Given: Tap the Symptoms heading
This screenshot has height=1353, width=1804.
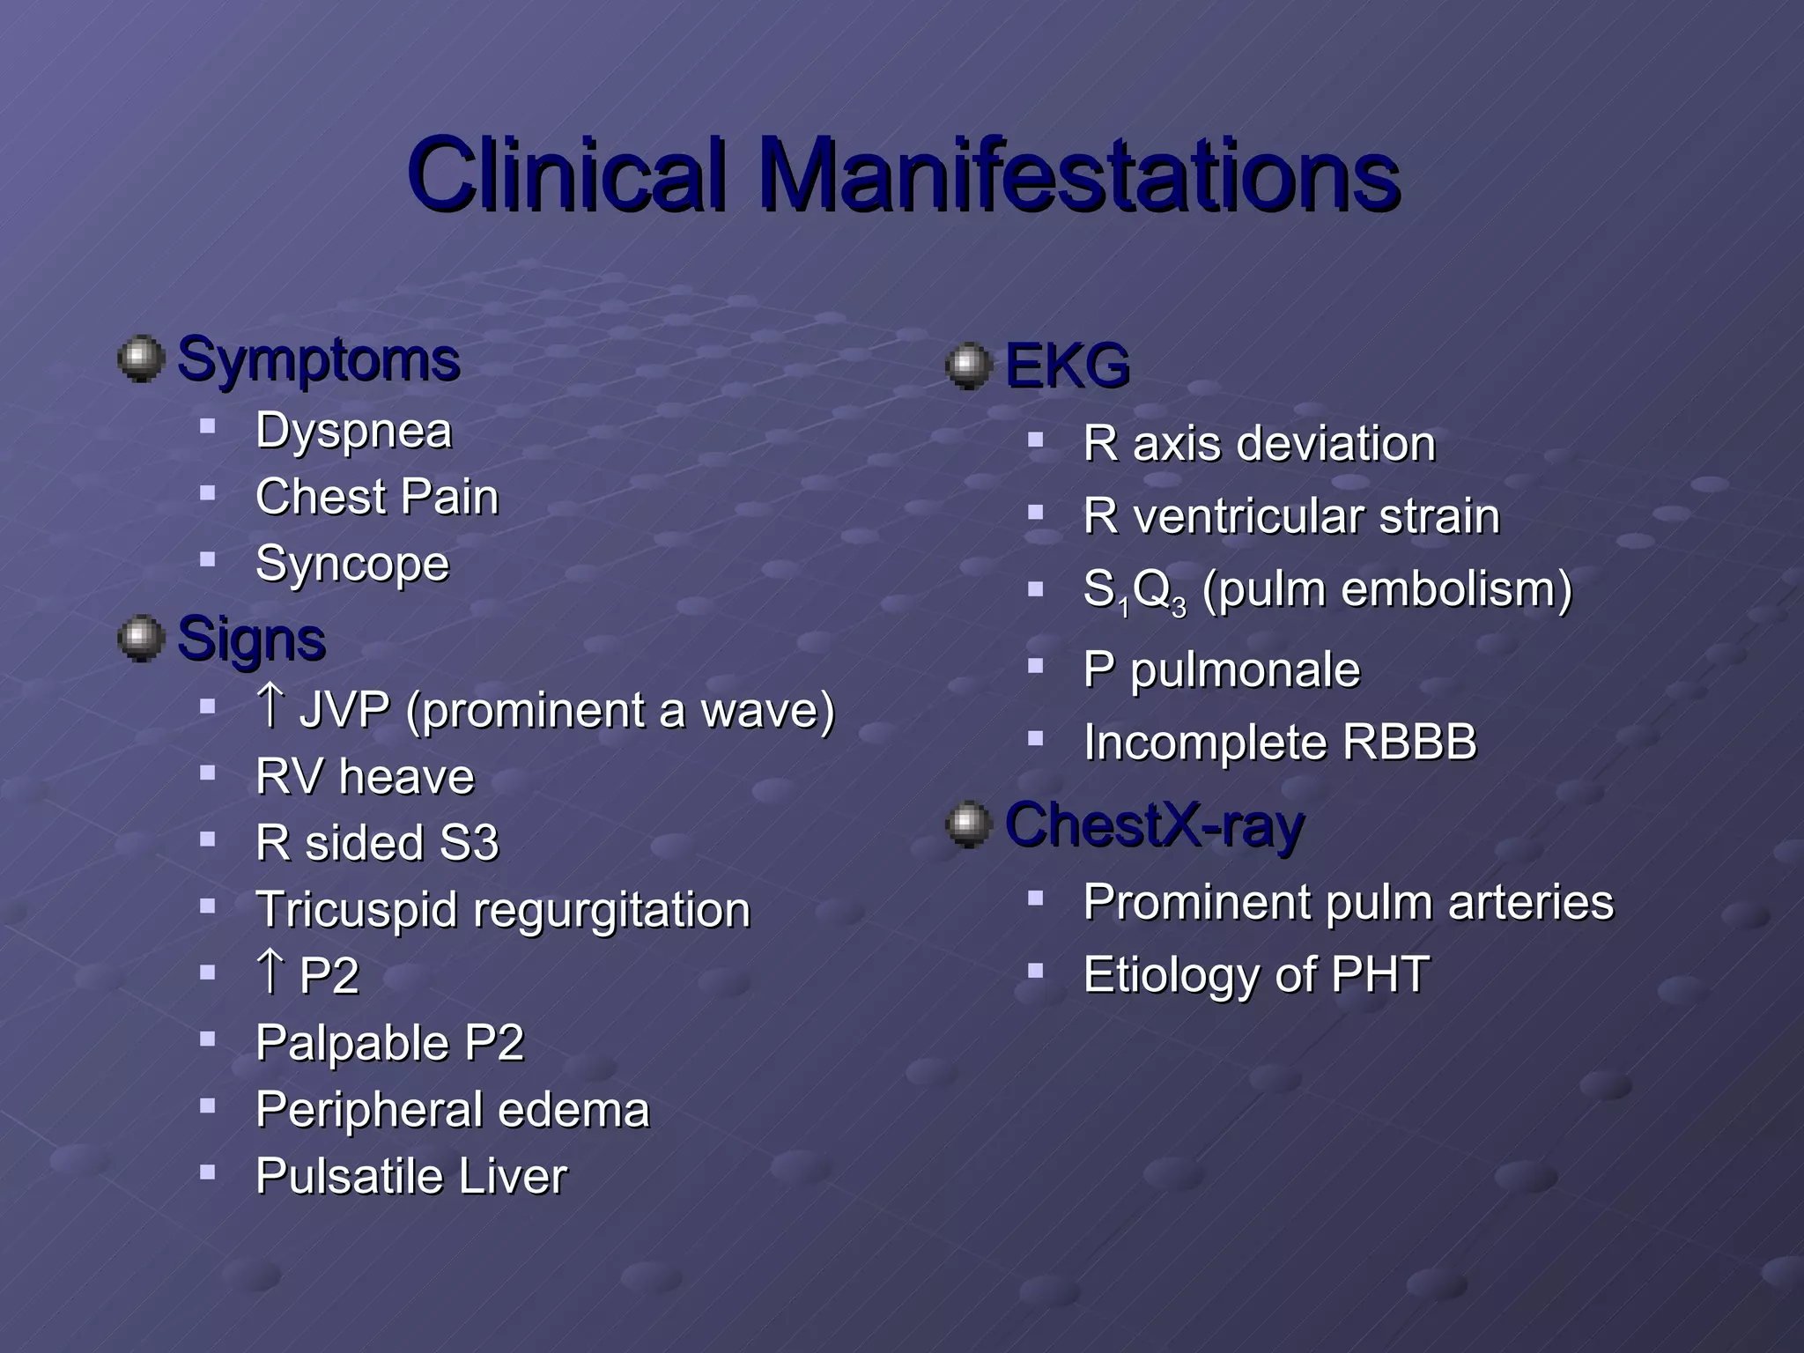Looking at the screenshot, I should tap(318, 359).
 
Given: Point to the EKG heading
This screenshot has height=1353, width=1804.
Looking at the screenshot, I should tap(1067, 366).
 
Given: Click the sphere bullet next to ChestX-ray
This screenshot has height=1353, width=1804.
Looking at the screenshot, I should tap(969, 824).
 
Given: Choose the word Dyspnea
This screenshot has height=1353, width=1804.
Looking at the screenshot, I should tap(353, 432).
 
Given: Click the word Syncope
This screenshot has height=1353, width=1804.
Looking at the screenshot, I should tap(351, 564).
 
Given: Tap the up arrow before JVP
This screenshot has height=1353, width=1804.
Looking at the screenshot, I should tap(270, 706).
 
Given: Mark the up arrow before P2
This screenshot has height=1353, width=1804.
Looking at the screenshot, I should tap(270, 972).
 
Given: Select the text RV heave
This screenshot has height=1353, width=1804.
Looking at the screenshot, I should tap(365, 777).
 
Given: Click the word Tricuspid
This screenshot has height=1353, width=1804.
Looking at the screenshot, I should tap(356, 911).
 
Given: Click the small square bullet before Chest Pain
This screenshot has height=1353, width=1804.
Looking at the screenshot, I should tap(208, 493).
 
